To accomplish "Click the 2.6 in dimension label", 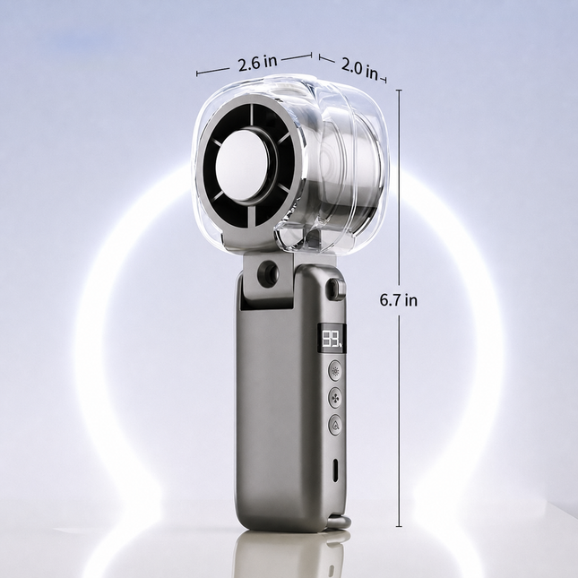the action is [x=257, y=63].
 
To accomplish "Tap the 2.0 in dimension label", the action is [x=359, y=69].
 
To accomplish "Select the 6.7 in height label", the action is [x=399, y=300].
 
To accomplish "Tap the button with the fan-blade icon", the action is [x=335, y=397].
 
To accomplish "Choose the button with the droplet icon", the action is [x=335, y=425].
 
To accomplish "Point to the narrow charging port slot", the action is [x=335, y=470].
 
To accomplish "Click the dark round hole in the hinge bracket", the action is [x=268, y=272].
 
